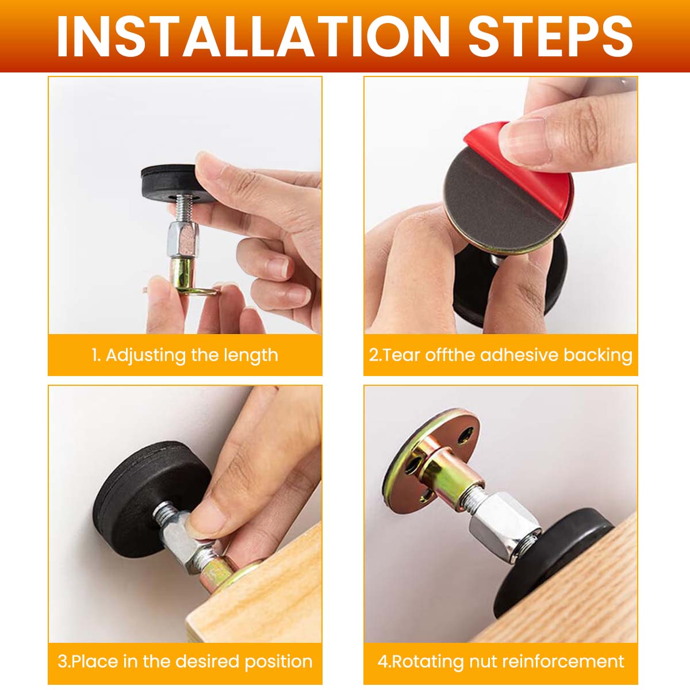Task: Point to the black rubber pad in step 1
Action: pyautogui.click(x=175, y=183)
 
